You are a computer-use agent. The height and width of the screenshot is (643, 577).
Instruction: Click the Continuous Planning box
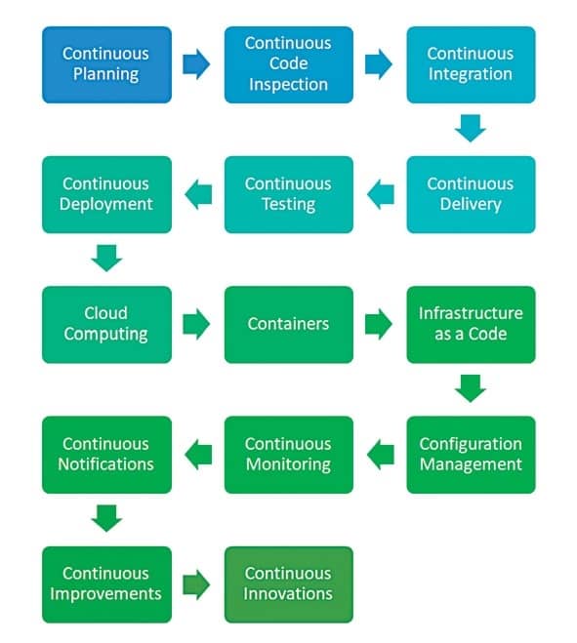106,64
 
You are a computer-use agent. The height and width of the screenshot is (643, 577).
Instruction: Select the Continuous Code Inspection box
289,64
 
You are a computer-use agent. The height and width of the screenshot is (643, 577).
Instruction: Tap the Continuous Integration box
471,64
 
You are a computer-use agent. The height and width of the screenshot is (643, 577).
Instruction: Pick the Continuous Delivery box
471,194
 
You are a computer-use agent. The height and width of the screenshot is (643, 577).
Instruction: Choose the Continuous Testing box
289,194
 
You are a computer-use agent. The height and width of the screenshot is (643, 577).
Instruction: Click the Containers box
289,324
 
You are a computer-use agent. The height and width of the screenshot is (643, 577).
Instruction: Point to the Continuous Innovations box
289,584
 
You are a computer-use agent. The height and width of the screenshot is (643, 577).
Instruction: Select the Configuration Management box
471,455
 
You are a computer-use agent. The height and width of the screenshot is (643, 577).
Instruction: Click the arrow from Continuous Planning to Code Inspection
196,64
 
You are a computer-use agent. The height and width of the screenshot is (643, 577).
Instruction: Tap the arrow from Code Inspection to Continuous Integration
379,64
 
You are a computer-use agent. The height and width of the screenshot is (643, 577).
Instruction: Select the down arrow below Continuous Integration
471,129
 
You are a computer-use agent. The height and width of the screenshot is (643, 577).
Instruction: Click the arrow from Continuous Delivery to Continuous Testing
381,194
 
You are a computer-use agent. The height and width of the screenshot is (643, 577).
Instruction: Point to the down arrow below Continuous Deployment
106,258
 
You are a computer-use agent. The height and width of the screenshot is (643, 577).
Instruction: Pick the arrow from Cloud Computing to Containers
196,324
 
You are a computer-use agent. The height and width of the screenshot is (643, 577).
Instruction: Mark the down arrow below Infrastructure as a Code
471,388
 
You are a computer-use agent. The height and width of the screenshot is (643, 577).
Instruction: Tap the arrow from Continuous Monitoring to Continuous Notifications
198,455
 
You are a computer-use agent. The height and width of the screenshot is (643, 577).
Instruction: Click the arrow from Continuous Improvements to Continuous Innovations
196,584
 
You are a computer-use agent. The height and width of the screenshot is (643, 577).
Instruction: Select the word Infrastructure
471,313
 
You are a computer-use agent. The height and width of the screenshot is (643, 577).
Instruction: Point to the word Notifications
105,464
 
